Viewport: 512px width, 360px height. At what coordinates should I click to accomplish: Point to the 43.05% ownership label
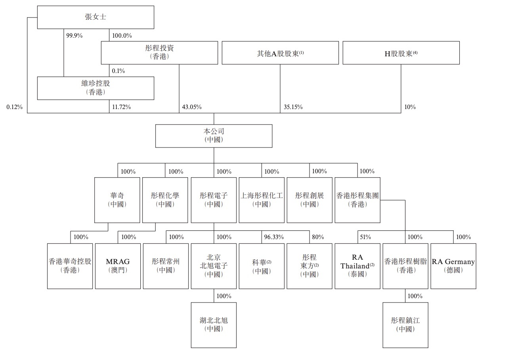[x=192, y=107]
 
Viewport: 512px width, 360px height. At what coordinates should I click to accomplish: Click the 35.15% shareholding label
[x=293, y=107]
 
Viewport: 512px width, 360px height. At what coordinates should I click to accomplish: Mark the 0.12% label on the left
[x=14, y=107]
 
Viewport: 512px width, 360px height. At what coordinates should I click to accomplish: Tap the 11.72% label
[x=121, y=107]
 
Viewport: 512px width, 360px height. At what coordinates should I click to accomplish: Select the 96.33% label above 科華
[x=274, y=237]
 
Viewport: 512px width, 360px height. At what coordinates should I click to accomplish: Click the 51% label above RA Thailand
[x=365, y=237]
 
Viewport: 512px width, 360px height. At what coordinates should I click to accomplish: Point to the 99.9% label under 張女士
[x=74, y=35]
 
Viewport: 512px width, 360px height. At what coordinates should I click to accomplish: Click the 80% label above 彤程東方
[x=318, y=237]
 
